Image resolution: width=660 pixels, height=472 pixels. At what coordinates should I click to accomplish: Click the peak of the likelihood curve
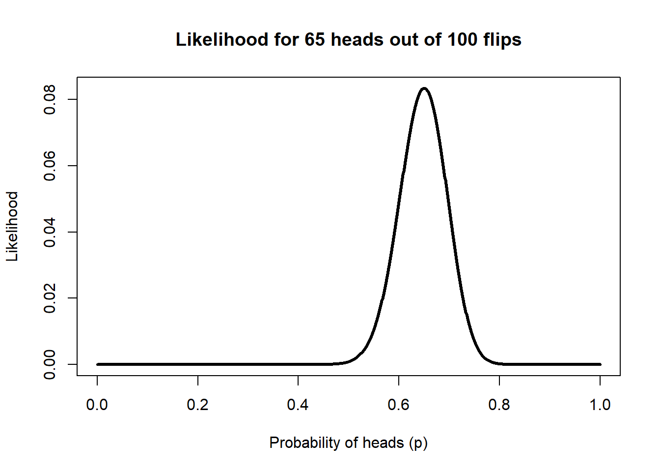click(x=424, y=88)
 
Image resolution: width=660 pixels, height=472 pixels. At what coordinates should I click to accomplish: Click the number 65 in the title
click(x=315, y=39)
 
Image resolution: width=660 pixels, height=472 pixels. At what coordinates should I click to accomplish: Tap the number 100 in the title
click(x=462, y=39)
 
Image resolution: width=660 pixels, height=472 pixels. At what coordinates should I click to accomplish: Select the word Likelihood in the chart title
click(x=222, y=39)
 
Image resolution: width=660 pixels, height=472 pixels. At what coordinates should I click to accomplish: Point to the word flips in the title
click(x=502, y=40)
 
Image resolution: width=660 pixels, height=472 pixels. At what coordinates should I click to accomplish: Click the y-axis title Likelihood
click(x=12, y=226)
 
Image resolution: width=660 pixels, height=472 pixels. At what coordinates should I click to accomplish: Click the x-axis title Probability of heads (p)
click(x=348, y=443)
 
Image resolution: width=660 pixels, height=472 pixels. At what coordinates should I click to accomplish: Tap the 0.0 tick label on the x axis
click(x=97, y=405)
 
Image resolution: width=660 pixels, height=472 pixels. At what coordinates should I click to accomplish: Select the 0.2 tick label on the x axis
click(x=198, y=405)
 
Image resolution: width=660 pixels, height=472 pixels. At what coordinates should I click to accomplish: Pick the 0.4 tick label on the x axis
click(x=298, y=405)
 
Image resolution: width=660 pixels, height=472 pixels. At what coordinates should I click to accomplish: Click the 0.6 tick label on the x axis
click(x=399, y=405)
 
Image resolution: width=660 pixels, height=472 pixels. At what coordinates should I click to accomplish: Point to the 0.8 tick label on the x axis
click(x=499, y=405)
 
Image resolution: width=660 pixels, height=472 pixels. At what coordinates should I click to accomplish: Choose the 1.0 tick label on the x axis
click(x=600, y=405)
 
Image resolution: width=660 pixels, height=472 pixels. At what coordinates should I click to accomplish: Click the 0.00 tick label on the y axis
click(x=50, y=364)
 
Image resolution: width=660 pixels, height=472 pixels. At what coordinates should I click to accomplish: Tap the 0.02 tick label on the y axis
click(x=50, y=298)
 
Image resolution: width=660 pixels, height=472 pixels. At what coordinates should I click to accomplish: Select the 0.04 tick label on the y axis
click(x=50, y=232)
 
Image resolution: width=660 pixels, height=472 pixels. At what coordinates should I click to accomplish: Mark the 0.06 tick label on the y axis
click(x=50, y=166)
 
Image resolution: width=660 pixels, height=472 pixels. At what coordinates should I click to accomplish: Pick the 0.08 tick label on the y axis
click(x=50, y=99)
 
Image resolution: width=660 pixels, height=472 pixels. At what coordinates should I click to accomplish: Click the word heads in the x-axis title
click(x=383, y=442)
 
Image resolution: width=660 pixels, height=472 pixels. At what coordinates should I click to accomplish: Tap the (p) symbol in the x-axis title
click(x=418, y=443)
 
